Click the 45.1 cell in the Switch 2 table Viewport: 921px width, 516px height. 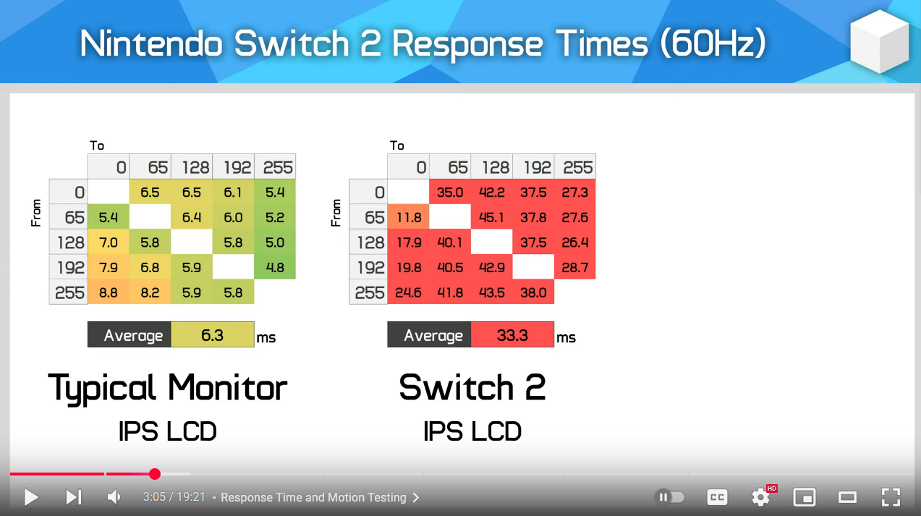click(x=491, y=216)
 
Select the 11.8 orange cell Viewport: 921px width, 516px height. click(x=408, y=216)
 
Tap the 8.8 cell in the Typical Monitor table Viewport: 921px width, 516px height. click(x=108, y=292)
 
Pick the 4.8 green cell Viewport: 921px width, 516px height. click(x=275, y=267)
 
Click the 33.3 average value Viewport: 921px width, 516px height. click(x=512, y=334)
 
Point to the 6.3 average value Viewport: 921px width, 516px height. click(x=213, y=334)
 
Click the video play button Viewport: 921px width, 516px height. click(x=31, y=497)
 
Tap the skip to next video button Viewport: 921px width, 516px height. click(x=74, y=497)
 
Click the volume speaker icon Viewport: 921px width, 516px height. click(x=114, y=497)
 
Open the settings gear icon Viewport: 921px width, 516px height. click(x=760, y=497)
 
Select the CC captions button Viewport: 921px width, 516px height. click(x=717, y=497)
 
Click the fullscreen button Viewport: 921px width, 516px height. click(x=891, y=497)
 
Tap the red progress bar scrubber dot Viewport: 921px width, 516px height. click(x=155, y=474)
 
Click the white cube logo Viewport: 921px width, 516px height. click(x=879, y=42)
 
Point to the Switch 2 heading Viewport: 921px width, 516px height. click(x=472, y=387)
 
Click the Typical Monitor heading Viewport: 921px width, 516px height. click(x=168, y=389)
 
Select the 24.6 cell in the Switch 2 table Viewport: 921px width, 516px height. click(x=408, y=292)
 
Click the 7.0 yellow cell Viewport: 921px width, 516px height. click(x=108, y=242)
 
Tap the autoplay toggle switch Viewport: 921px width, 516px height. click(x=669, y=497)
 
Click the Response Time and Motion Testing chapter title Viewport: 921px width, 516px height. click(x=313, y=497)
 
